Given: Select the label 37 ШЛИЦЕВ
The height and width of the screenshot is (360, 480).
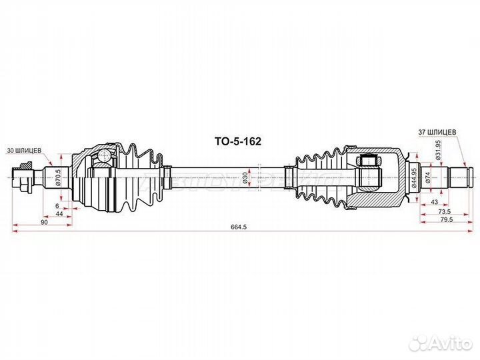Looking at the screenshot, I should tap(438, 132).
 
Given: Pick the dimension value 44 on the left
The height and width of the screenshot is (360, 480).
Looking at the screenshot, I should tap(59, 213).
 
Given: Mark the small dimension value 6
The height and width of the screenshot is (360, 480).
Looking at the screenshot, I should tap(58, 205).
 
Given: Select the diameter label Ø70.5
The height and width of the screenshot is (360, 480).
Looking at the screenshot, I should tap(58, 178).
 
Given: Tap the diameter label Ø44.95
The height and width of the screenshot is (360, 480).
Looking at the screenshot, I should tap(414, 179).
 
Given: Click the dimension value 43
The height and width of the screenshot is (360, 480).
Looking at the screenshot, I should tap(434, 201).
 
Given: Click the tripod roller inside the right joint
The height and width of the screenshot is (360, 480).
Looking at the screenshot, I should tap(367, 161).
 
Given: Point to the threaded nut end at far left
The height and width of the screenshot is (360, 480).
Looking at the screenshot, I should tap(24, 177).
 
